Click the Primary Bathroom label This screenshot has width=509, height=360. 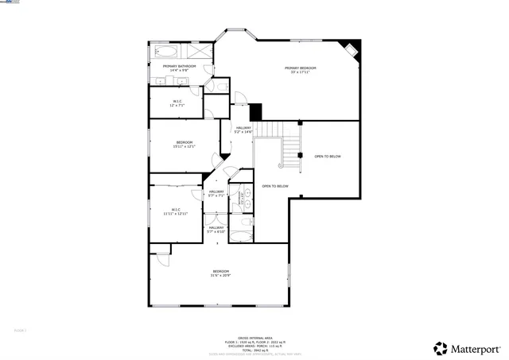179,68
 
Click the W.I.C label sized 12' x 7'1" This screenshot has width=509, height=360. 177,103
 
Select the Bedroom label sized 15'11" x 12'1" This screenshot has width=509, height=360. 185,144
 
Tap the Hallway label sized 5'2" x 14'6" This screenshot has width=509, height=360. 243,130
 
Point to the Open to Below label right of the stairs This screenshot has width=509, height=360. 328,157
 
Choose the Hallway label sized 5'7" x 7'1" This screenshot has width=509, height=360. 216,193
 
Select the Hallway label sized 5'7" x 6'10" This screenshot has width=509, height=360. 216,230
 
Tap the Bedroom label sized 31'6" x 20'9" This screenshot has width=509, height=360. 220,273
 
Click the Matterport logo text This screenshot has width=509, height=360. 472,348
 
